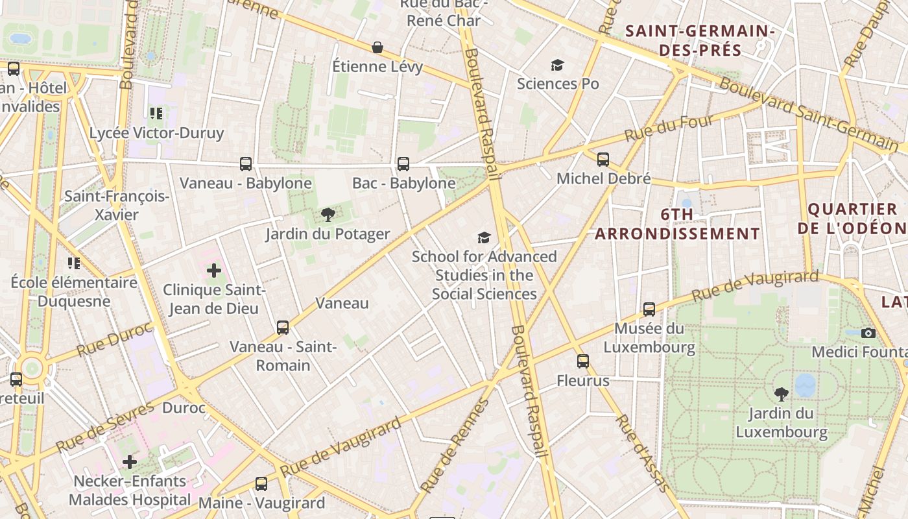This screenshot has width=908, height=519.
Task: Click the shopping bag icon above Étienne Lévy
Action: coord(377,47)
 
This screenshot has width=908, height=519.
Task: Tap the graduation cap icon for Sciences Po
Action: coord(557,65)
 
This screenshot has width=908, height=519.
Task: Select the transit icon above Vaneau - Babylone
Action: coord(246,164)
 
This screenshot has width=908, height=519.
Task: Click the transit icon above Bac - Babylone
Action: coord(403,164)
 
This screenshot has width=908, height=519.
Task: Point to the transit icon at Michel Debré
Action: coord(603,160)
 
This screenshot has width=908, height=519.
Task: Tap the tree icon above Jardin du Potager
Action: coord(328,215)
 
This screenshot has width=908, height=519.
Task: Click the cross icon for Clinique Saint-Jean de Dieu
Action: coord(214,270)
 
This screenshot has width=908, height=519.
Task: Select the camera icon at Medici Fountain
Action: coord(868,333)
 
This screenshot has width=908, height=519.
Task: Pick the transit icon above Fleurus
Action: coord(583,361)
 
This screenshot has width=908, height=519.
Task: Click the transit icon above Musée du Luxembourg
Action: coord(649,309)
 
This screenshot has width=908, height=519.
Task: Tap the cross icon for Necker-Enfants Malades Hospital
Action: coord(130,462)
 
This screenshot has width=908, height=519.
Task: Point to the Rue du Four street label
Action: coord(669,128)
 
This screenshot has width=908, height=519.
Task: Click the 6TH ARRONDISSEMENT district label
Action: coord(677,224)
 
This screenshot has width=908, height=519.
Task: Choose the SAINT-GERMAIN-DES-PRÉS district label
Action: coord(700,40)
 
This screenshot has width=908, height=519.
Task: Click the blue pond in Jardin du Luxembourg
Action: coord(805,385)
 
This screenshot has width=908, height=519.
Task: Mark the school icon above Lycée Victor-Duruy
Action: coord(156,114)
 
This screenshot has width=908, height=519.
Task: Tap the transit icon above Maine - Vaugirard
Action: coord(261,484)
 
